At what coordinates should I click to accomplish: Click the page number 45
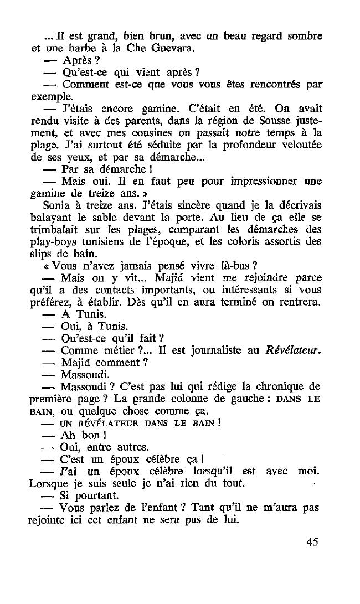click(x=312, y=542)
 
